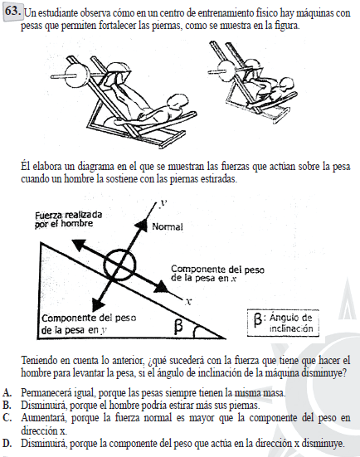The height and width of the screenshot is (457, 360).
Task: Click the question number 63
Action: tap(12, 11)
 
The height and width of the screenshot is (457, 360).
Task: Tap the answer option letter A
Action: tap(7, 393)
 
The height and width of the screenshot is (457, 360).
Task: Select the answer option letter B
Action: tap(7, 405)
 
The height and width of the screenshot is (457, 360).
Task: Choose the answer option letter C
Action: tap(7, 418)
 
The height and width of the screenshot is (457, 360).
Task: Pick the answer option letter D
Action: tap(7, 443)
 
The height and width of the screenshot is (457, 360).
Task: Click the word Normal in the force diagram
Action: tap(168, 226)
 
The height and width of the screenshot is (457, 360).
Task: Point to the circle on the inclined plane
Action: tap(120, 265)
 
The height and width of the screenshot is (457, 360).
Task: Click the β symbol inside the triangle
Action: tap(178, 326)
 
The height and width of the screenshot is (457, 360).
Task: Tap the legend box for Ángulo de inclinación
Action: tap(283, 323)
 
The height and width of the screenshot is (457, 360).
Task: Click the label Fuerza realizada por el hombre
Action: tap(69, 220)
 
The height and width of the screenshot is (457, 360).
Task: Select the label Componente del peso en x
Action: tap(217, 274)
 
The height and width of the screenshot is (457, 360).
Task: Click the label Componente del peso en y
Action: tap(89, 323)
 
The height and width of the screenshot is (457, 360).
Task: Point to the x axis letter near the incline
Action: tap(188, 302)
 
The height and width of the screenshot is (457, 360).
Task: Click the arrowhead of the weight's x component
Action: tap(161, 286)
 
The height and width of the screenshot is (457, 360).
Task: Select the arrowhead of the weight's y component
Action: tap(98, 305)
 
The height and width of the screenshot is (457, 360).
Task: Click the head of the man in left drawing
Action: tap(177, 102)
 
